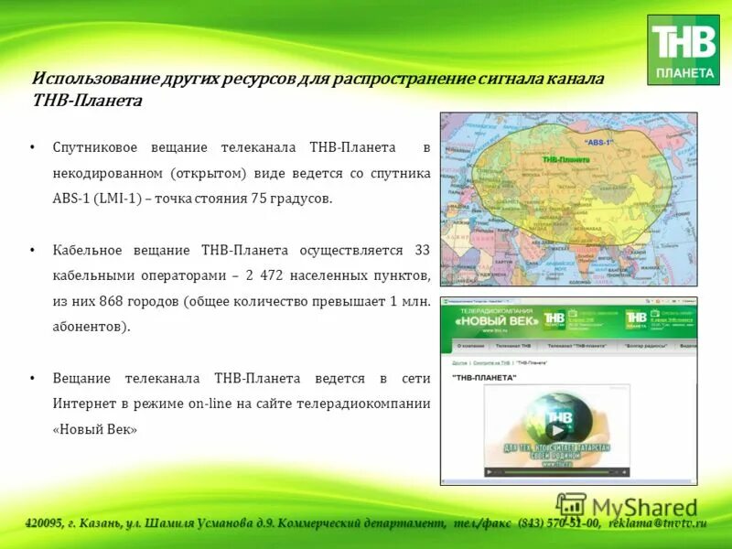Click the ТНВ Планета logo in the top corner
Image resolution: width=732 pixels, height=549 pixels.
[683, 49]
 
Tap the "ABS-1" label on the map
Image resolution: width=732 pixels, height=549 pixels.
[599, 143]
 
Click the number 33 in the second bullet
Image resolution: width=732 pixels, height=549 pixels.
[422, 250]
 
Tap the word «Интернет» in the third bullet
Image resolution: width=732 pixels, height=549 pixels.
[83, 404]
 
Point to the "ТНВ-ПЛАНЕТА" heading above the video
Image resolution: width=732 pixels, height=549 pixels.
[482, 377]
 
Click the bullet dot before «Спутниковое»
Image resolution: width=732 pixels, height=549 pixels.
[32, 147]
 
